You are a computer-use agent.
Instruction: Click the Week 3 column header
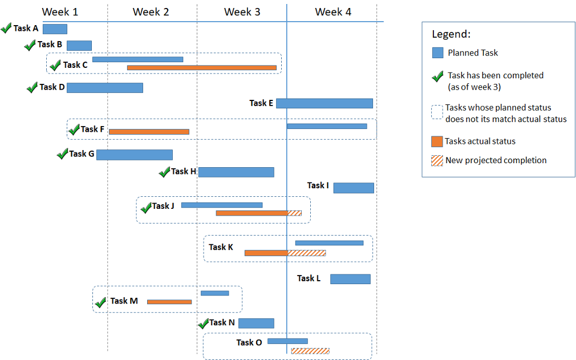242,12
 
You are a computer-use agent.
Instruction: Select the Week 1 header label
60,12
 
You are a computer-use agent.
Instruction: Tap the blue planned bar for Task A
55,29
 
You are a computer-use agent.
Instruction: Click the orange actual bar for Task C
201,68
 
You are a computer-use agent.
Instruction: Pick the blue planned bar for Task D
105,88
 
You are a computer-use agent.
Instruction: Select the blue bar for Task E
324,103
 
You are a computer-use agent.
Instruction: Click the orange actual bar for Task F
149,132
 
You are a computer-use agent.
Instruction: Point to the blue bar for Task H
236,172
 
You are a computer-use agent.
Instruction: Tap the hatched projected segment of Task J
294,213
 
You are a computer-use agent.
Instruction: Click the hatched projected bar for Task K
307,253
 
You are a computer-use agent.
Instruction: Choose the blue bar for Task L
350,279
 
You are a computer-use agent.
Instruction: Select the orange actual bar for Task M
169,302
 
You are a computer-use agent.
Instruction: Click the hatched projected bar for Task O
310,351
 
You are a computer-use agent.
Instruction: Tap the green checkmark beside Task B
30,45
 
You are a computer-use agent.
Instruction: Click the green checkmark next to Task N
203,323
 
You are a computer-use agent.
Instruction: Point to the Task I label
318,185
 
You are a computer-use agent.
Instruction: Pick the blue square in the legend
437,52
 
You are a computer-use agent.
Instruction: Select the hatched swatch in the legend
437,160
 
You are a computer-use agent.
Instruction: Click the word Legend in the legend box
451,34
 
